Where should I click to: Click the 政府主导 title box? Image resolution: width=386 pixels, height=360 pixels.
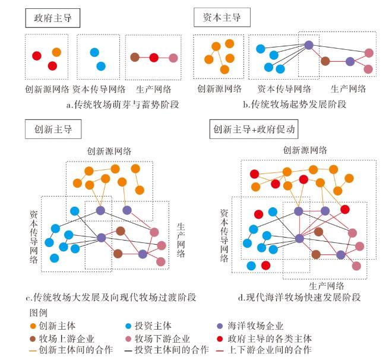pyautogui.click(x=53, y=18)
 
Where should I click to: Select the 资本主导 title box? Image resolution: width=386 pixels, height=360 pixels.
pyautogui.click(x=222, y=17)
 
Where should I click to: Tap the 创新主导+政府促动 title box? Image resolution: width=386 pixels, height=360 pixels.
pyautogui.click(x=254, y=130)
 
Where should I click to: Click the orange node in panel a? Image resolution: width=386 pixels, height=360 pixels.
pyautogui.click(x=56, y=52)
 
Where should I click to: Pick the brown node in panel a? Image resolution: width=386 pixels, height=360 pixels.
pyautogui.click(x=135, y=58)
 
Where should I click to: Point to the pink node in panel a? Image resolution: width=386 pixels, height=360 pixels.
pyautogui.click(x=173, y=58)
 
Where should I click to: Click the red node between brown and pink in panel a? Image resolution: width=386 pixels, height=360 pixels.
pyautogui.click(x=154, y=58)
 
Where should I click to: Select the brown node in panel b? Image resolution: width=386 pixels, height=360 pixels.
pyautogui.click(x=325, y=61)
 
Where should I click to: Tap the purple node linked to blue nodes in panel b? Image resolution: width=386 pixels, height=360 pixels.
pyautogui.click(x=309, y=45)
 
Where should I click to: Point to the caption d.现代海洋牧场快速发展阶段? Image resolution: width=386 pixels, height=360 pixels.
pyautogui.click(x=299, y=297)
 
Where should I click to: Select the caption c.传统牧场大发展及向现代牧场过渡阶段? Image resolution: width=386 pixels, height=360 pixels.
pyautogui.click(x=111, y=297)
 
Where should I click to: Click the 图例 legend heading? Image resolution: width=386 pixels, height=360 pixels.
pyautogui.click(x=38, y=312)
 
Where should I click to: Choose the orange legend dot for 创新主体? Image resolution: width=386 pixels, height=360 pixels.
pyautogui.click(x=33, y=326)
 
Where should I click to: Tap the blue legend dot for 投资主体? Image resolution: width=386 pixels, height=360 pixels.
pyautogui.click(x=128, y=326)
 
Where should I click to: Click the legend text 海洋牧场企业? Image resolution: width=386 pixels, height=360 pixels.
pyautogui.click(x=255, y=326)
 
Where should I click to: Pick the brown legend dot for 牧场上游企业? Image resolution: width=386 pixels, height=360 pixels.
pyautogui.click(x=33, y=339)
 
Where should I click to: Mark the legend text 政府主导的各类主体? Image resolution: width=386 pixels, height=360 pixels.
pyautogui.click(x=270, y=339)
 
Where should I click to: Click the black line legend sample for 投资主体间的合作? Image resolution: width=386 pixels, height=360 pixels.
pyautogui.click(x=129, y=350)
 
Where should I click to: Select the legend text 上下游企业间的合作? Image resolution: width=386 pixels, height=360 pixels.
pyautogui.click(x=270, y=350)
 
